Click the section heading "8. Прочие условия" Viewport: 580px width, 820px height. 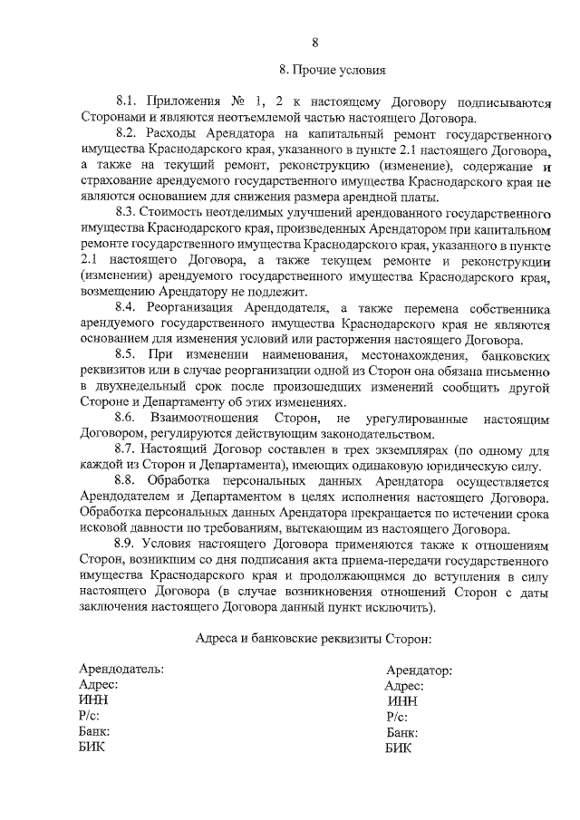coord(333,69)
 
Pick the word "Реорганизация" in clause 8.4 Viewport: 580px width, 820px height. coord(187,308)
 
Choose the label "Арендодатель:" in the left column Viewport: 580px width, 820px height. coord(121,669)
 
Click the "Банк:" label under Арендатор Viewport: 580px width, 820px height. coord(401,732)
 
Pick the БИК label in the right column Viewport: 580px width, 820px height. coord(398,748)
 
